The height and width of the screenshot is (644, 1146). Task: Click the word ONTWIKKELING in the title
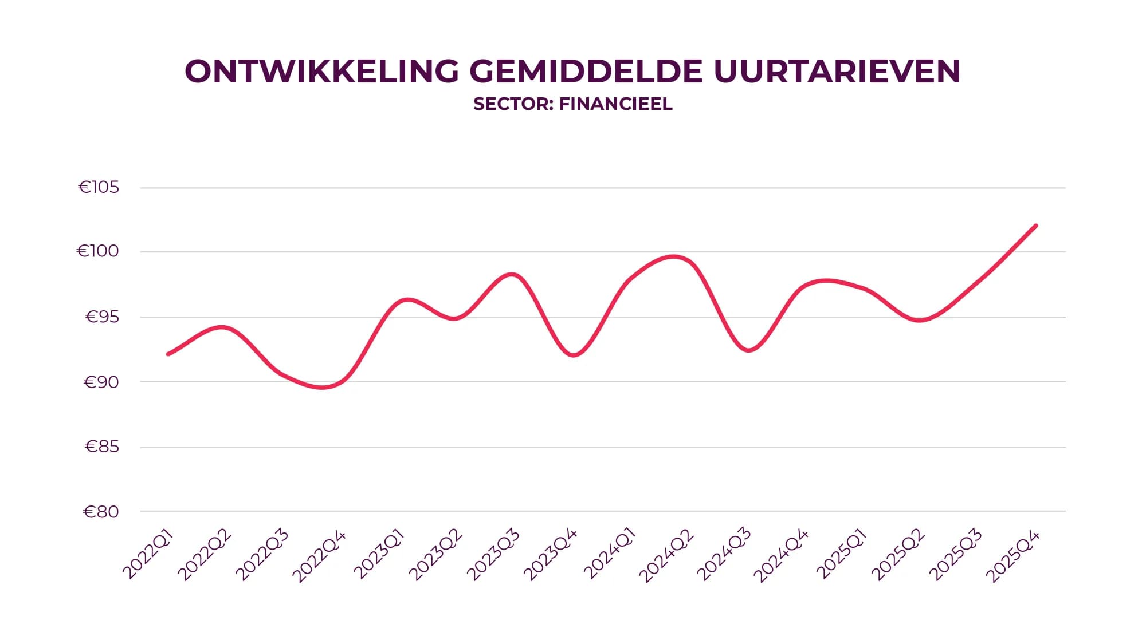click(x=322, y=72)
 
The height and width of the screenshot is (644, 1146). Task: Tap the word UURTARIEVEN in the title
click(x=837, y=72)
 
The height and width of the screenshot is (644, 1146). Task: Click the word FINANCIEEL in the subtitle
click(x=615, y=104)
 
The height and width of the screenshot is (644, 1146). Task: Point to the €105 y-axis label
click(x=99, y=187)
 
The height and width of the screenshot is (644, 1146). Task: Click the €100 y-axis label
click(x=98, y=251)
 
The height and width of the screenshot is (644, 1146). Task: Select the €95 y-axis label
click(x=102, y=317)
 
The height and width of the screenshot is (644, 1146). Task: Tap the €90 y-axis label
click(x=101, y=382)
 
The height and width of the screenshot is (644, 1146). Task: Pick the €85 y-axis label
click(x=102, y=447)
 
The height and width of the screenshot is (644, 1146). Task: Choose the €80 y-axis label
click(x=101, y=511)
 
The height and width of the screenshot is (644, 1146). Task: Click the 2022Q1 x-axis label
click(x=147, y=555)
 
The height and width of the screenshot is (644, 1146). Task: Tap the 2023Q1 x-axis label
click(x=379, y=555)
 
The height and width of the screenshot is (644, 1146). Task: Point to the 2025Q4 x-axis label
click(x=1013, y=556)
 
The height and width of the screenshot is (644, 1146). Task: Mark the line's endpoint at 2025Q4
click(x=1036, y=226)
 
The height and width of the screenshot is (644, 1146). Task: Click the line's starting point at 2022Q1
click(x=168, y=354)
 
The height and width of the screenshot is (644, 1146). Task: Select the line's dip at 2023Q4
click(x=574, y=355)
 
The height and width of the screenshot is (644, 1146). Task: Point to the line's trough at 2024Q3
click(x=748, y=350)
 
